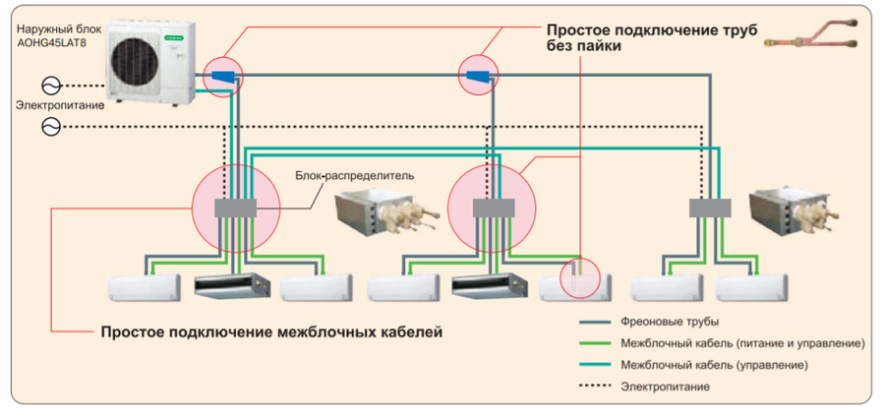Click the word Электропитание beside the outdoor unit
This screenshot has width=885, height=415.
(x=59, y=104)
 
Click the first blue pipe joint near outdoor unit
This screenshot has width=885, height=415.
(x=222, y=76)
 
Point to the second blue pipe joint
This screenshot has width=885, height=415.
(x=479, y=76)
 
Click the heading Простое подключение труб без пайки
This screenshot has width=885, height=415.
(x=651, y=37)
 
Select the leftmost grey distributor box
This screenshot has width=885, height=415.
(x=234, y=208)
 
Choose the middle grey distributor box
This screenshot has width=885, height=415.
(x=495, y=208)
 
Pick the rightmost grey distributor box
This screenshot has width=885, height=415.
(x=710, y=208)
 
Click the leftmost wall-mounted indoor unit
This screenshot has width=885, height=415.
(x=145, y=286)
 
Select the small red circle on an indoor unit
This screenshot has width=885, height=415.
(x=579, y=278)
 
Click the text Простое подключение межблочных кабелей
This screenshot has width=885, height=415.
(x=271, y=332)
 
